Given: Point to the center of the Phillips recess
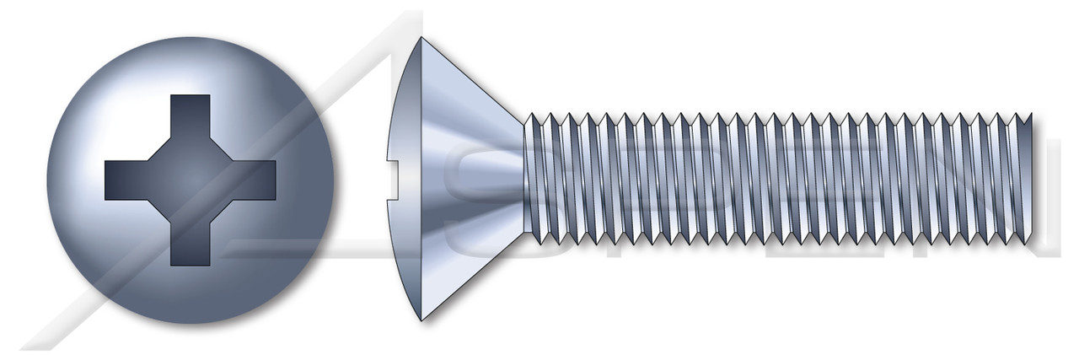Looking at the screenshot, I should click(190, 180).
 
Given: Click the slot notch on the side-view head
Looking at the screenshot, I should click(391, 179).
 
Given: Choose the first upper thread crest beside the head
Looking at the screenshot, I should click(531, 116).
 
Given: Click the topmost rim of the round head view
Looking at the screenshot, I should click(190, 37).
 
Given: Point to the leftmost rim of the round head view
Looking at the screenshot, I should click(47, 180).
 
